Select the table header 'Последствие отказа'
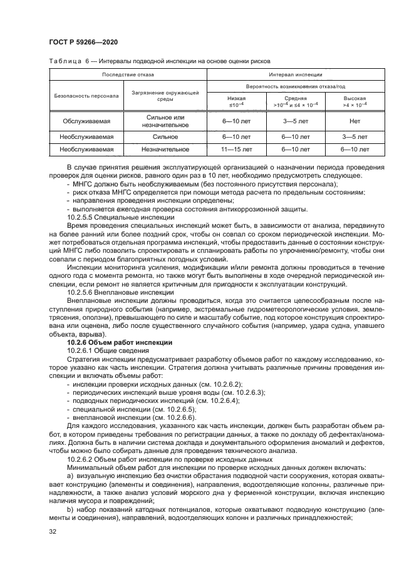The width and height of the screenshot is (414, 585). pyautogui.click(x=127, y=75)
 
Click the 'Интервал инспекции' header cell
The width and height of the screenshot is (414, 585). pyautogui.click(x=294, y=75)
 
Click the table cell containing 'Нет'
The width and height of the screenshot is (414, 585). pyautogui.click(x=354, y=121)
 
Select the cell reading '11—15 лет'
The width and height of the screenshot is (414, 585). pyautogui.click(x=237, y=150)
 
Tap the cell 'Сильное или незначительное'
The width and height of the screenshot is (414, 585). pyautogui.click(x=165, y=121)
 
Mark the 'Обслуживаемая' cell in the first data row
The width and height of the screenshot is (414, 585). pyautogui.click(x=86, y=121)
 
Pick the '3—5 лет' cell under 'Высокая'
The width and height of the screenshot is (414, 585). pyautogui.click(x=354, y=135)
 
